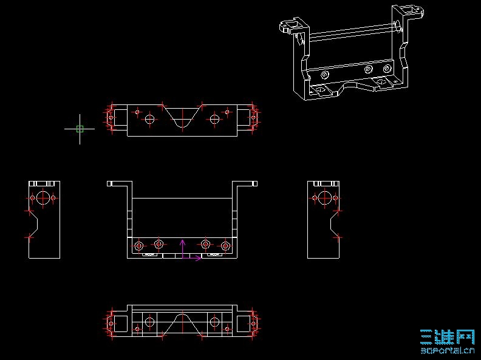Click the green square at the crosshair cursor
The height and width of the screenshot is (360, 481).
pos(80,129)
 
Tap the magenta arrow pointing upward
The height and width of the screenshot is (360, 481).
pos(183,249)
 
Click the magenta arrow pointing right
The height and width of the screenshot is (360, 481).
pos(192,258)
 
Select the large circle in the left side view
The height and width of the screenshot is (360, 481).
pos(43,198)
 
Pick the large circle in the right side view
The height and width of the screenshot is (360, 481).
pos(324,198)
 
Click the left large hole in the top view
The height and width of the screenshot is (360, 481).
pos(149,118)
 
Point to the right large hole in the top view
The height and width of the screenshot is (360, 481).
pos(214,118)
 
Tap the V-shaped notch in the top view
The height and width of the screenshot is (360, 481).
pos(183,117)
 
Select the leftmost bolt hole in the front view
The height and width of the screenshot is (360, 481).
pos(139,246)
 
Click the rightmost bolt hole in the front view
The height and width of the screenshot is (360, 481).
pos(225,246)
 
